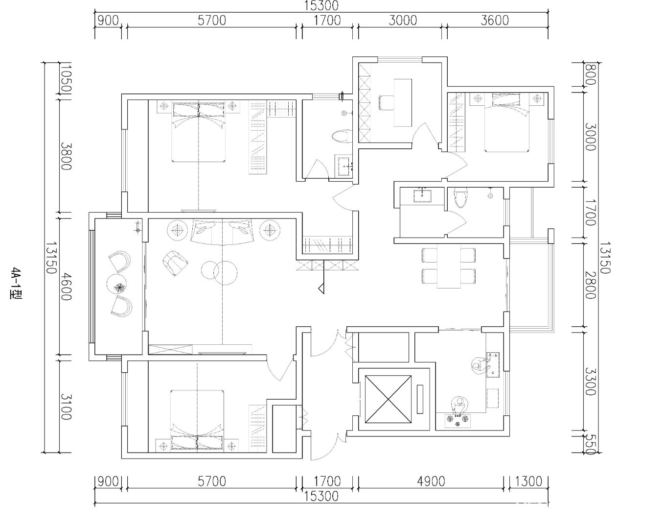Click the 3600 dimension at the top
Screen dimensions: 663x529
pos(495,21)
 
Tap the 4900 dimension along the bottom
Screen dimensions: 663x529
pos(431,481)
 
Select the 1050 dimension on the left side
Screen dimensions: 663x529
pos(66,78)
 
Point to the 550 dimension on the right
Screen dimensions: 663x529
pos(590,444)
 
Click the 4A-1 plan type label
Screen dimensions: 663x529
pos(15,283)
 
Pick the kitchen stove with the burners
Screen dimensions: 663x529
pos(457,421)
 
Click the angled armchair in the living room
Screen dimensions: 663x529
pos(175,263)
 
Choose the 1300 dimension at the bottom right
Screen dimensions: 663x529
pos(528,481)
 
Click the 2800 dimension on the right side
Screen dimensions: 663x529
pos(590,286)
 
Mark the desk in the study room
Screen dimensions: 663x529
pos(403,102)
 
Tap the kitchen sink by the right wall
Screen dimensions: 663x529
pos(492,365)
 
